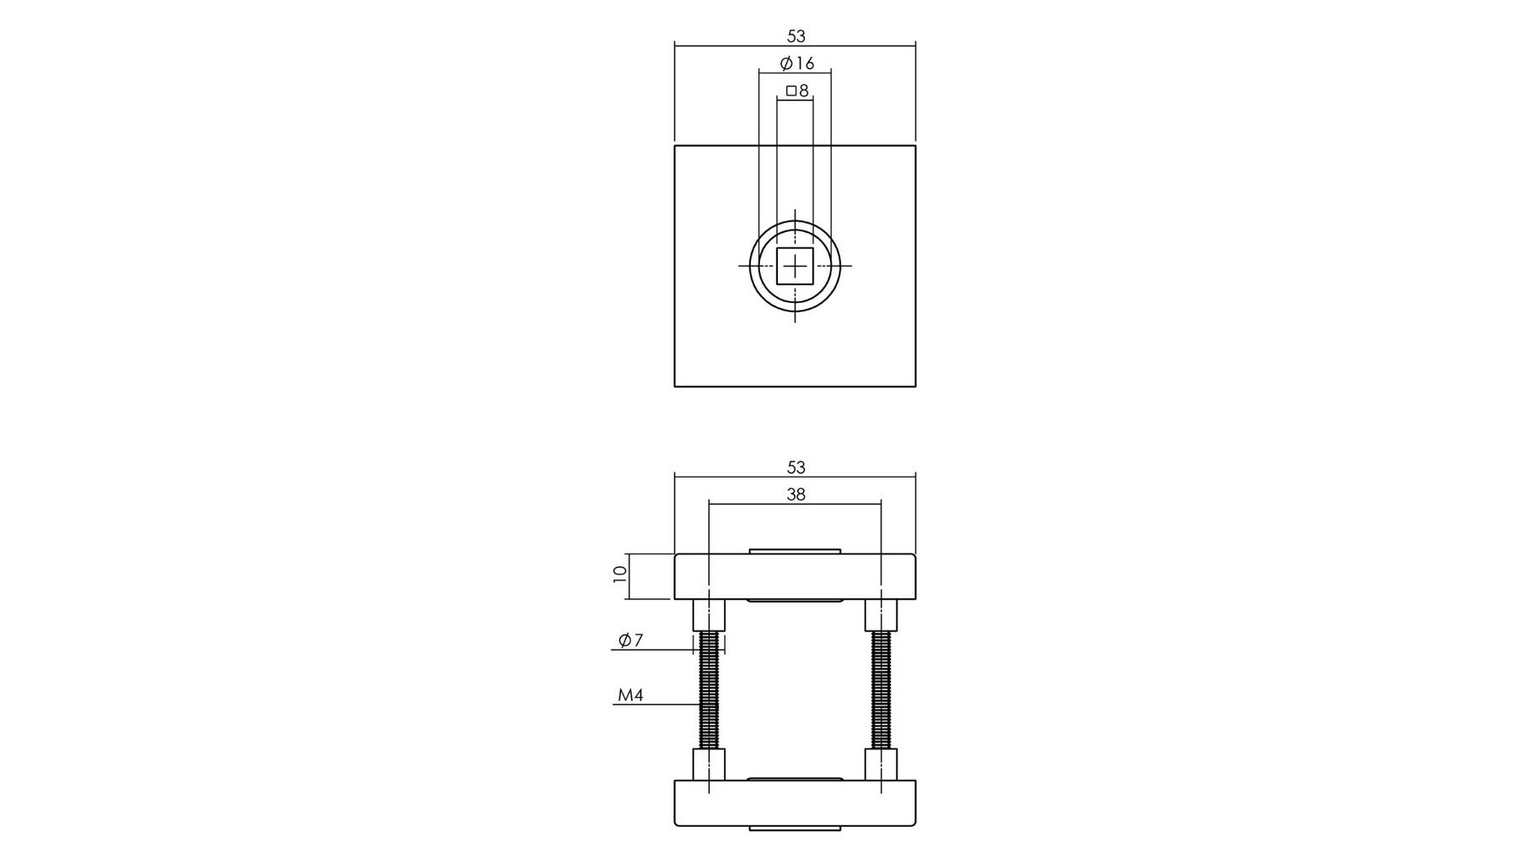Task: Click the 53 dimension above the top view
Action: [796, 36]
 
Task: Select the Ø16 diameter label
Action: [797, 63]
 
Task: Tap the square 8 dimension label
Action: [797, 90]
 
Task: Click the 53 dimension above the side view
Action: [796, 467]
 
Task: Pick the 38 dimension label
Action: [796, 494]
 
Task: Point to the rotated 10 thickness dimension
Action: [620, 575]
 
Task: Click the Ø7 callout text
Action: [630, 640]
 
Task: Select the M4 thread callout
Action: [630, 695]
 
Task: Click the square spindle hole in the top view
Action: [795, 266]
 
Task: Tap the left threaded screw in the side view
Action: [710, 690]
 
